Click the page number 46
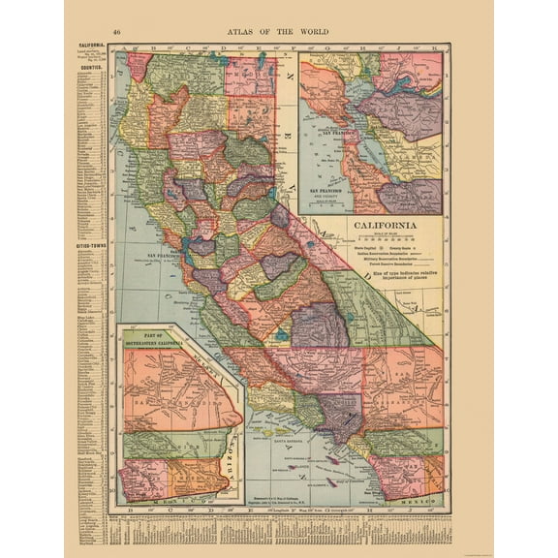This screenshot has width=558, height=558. coord(117,31)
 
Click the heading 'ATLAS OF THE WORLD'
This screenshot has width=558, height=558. coord(278,31)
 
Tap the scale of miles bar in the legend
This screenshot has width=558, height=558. coord(385,239)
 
